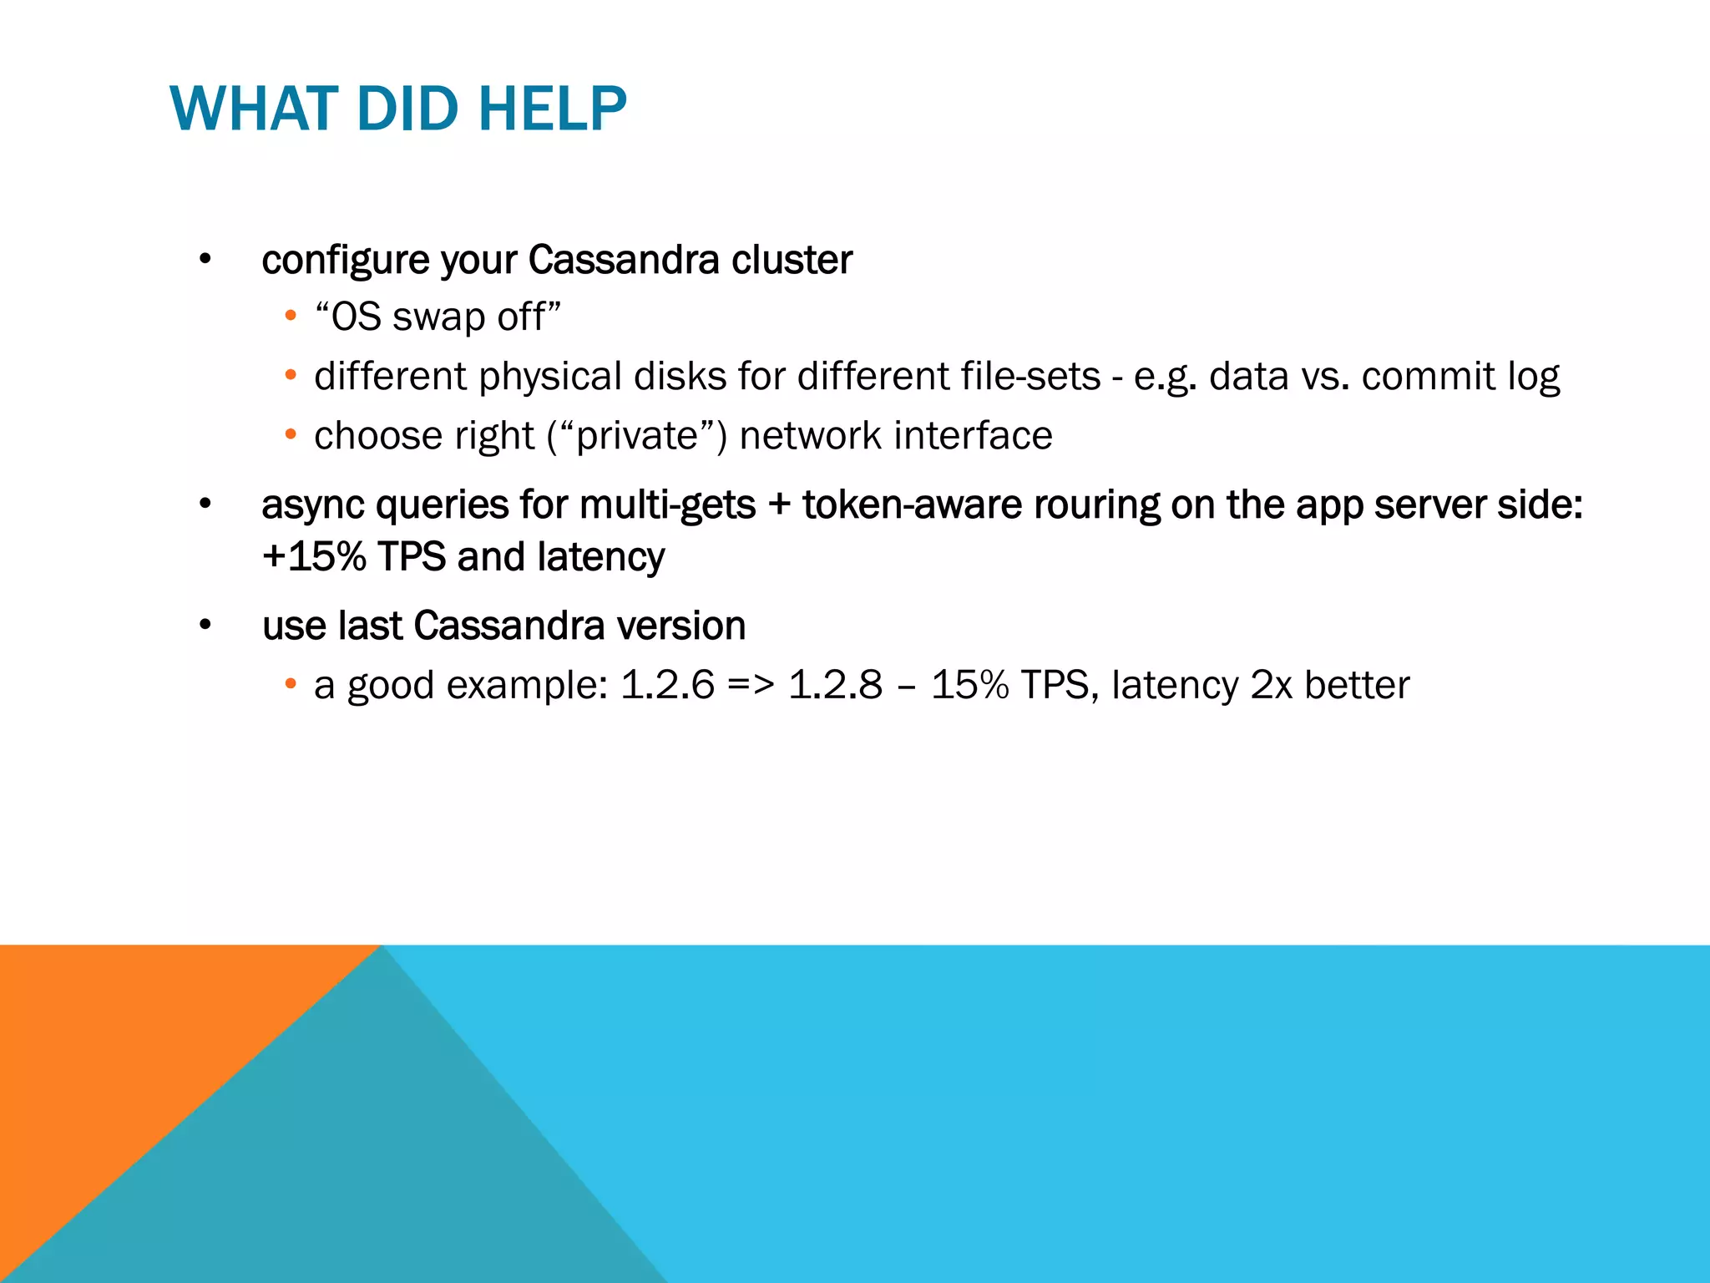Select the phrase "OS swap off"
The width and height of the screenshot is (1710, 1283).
(x=438, y=317)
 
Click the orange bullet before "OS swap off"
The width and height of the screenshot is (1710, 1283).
(x=290, y=317)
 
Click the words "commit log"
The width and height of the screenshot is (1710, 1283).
(x=1460, y=377)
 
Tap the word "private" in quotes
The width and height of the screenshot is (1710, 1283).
(x=637, y=436)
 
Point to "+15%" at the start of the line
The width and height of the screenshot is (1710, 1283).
(x=314, y=557)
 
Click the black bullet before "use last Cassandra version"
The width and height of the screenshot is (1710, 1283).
(x=205, y=626)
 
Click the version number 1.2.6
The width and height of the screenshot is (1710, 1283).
(x=668, y=686)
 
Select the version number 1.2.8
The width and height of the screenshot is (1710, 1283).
(x=835, y=686)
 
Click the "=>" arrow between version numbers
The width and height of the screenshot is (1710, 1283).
(x=751, y=686)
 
